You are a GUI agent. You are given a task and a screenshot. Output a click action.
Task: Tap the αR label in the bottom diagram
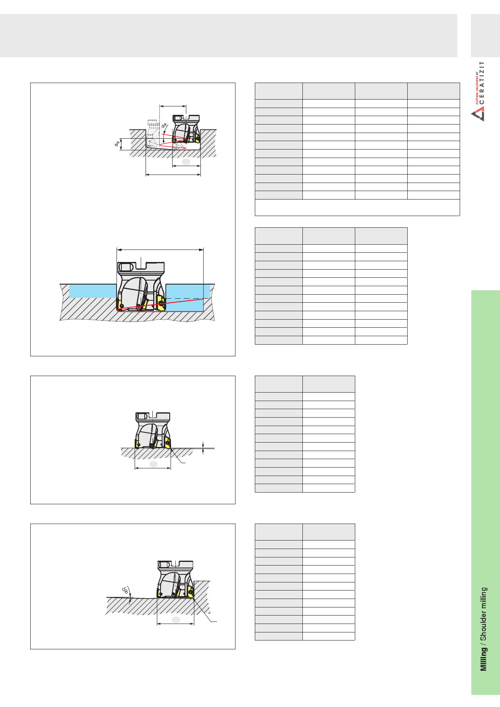[126, 590]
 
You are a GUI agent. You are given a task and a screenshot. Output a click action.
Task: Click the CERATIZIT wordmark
[482, 82]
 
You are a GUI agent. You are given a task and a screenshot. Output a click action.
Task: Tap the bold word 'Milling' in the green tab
[483, 659]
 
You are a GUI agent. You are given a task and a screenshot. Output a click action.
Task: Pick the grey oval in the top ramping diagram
[186, 162]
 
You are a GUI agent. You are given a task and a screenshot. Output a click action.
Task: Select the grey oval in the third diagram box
[153, 464]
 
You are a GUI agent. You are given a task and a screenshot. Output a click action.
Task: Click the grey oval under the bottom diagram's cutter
[176, 620]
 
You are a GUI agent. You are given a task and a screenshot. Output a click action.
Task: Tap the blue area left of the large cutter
[93, 291]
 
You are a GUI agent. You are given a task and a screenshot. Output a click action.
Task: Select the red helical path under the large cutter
[160, 305]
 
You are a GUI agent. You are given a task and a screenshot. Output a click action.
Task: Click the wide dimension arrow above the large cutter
[160, 250]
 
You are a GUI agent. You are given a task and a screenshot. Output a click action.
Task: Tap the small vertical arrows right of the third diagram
[203, 448]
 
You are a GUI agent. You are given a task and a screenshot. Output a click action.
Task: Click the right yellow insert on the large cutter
[161, 303]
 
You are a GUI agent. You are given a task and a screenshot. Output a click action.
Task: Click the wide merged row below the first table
[357, 208]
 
